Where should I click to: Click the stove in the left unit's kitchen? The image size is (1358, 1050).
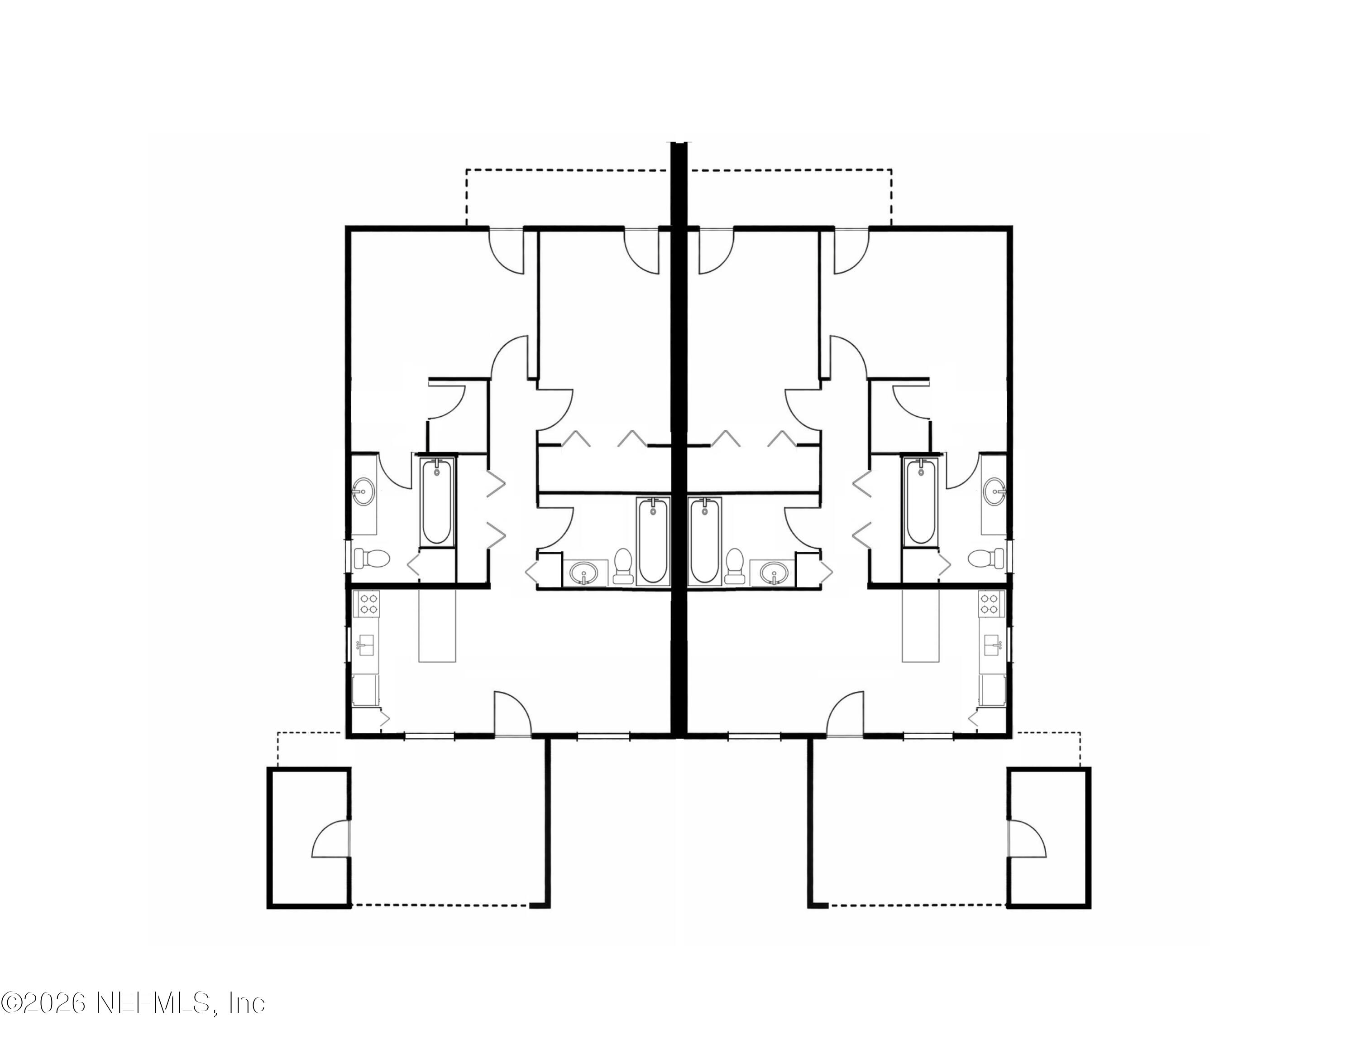coord(367,603)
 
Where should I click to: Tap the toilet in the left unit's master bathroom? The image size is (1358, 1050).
coord(371,558)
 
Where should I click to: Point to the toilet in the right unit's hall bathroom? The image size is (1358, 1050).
coord(734,565)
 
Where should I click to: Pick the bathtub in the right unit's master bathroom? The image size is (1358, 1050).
coord(920,501)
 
